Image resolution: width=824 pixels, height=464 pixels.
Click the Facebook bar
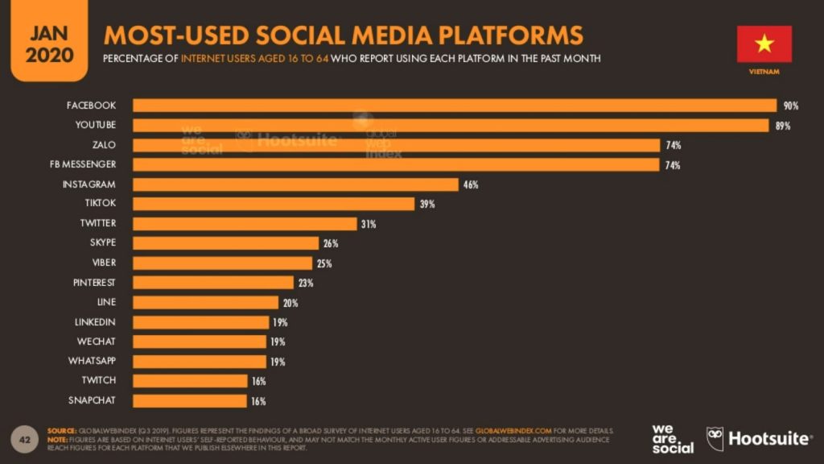coord(454,106)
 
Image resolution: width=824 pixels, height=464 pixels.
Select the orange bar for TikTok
coord(274,204)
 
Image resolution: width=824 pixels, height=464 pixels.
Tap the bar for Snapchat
coord(190,400)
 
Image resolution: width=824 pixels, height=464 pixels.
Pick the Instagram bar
coord(295,184)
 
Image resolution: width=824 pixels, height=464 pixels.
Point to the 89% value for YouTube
coord(783,126)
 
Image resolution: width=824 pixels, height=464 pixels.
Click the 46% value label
coord(471,184)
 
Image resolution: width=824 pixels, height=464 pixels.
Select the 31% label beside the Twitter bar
coord(369,224)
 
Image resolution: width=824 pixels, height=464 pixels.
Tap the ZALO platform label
coord(104,145)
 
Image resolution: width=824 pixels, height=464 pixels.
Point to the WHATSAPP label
coord(92,361)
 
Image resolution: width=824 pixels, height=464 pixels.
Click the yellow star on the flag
coord(764,43)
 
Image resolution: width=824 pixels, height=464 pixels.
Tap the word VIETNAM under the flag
coord(764,72)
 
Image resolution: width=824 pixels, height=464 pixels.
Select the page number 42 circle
coord(24,439)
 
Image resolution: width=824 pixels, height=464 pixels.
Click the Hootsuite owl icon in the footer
coord(715,438)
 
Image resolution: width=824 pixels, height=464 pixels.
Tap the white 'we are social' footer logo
coord(673,438)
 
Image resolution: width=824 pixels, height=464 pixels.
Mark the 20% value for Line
coord(290,303)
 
